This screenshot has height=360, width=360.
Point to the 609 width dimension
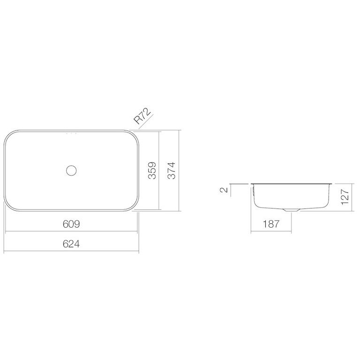click(71, 224)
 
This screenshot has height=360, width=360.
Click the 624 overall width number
click(71, 244)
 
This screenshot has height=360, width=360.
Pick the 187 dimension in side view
click(271, 224)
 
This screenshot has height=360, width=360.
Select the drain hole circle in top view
click(71, 170)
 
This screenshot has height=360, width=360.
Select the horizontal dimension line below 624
click(71, 252)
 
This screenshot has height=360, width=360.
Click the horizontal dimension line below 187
click(271, 231)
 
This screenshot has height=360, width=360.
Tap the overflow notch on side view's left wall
click(254, 191)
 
